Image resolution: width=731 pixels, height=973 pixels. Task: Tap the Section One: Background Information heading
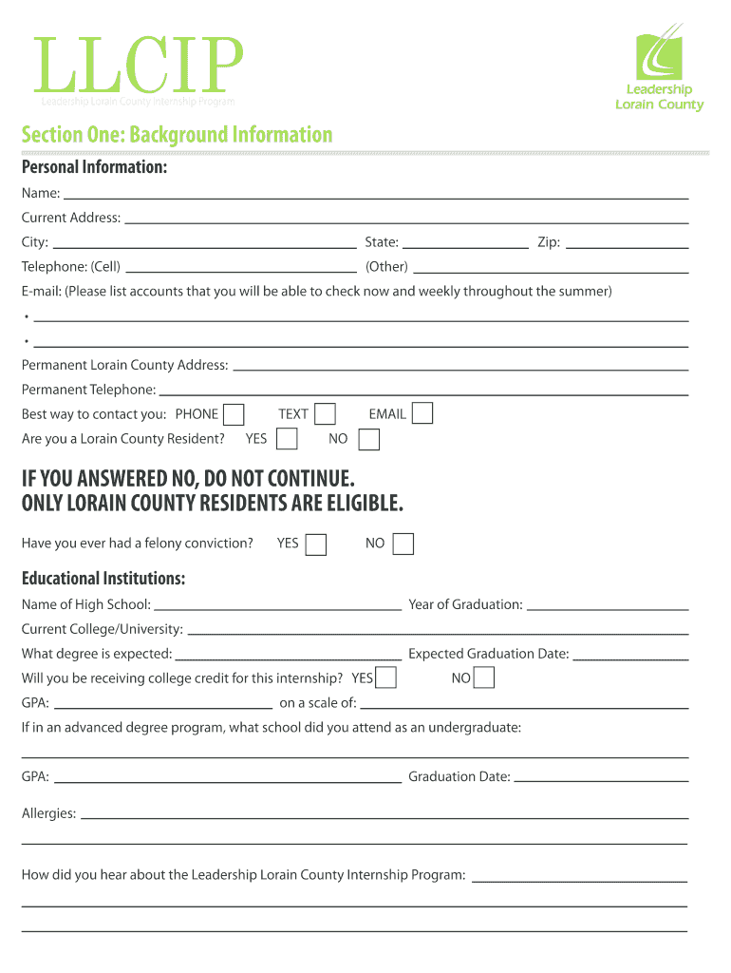pyautogui.click(x=178, y=135)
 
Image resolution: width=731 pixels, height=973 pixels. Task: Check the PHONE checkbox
pyautogui.click(x=234, y=414)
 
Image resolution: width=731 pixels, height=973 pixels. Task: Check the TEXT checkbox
pyautogui.click(x=325, y=414)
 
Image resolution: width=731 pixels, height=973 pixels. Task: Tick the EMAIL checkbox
pyautogui.click(x=422, y=413)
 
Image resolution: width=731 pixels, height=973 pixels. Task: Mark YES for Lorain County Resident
pyautogui.click(x=287, y=439)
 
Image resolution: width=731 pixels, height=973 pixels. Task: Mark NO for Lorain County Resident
pyautogui.click(x=369, y=439)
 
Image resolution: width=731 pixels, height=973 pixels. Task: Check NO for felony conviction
pyautogui.click(x=403, y=544)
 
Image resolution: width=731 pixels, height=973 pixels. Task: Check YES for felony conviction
pyautogui.click(x=316, y=544)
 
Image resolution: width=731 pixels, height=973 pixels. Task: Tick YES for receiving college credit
pyautogui.click(x=385, y=677)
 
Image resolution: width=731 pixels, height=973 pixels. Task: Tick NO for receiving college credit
pyautogui.click(x=483, y=677)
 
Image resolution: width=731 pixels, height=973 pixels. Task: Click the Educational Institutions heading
pyautogui.click(x=103, y=578)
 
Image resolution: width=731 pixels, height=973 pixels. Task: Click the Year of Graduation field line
pyautogui.click(x=608, y=606)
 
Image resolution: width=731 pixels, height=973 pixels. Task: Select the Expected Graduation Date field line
pyautogui.click(x=631, y=656)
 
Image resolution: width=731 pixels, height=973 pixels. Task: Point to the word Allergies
pyautogui.click(x=48, y=813)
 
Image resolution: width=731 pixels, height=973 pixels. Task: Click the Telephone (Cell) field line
pyautogui.click(x=241, y=269)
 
